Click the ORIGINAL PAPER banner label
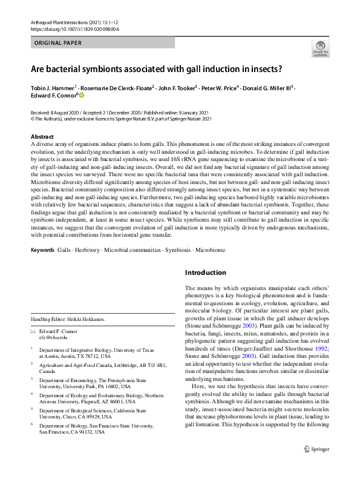[57, 43]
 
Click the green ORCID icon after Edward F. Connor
[82, 95]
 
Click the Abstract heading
[42, 137]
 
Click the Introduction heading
[206, 273]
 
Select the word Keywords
[42, 249]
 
